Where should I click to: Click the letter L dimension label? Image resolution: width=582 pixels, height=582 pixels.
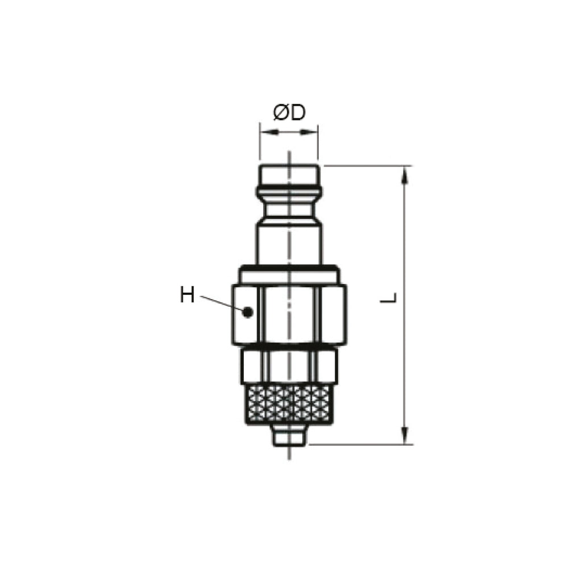coord(389,298)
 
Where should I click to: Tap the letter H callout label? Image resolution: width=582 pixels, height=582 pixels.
coord(187,295)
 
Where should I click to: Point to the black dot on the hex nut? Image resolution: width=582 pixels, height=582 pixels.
coord(247,312)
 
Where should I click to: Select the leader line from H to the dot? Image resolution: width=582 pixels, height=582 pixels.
coord(221,304)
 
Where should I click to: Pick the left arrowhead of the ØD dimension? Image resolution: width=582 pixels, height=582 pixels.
coord(269,132)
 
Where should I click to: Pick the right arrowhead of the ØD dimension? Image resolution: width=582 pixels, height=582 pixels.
coord(309,132)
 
